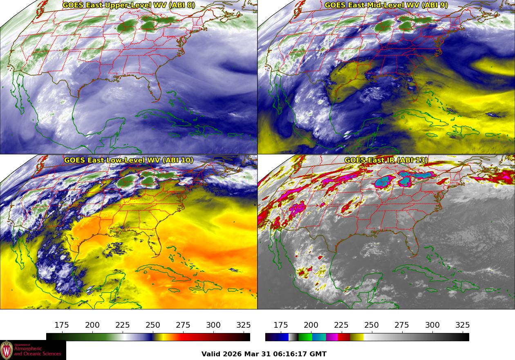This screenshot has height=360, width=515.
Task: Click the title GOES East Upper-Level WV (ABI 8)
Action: click(x=129, y=5)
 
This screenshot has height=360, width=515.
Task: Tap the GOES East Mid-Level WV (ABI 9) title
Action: click(x=386, y=5)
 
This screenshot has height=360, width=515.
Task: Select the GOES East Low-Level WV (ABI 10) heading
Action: click(x=129, y=160)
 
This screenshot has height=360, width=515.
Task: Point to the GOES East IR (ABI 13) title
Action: click(x=386, y=160)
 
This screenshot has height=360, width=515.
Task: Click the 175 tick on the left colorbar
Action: click(x=62, y=325)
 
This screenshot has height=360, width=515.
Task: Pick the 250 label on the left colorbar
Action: click(x=153, y=325)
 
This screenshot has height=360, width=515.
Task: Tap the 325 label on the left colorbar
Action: click(x=244, y=325)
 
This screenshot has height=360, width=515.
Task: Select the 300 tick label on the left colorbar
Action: click(x=213, y=325)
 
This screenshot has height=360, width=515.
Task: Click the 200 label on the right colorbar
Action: click(x=311, y=325)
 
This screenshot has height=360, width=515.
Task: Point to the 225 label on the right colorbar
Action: click(x=341, y=325)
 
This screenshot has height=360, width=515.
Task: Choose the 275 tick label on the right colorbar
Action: click(x=402, y=325)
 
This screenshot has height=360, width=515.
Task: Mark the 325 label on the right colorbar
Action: click(x=463, y=325)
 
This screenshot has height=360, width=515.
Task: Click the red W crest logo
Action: click(x=7, y=350)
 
